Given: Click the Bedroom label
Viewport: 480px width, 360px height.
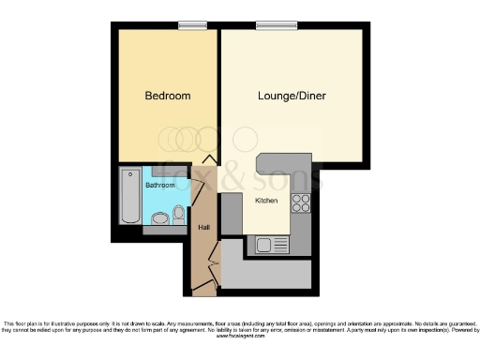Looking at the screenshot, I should pos(168,96).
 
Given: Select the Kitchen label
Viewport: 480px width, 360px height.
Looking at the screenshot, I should pos(266,200).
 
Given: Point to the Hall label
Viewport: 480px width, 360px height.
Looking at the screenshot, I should pos(202,227).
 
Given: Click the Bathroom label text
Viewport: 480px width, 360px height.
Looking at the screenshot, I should pos(159,186).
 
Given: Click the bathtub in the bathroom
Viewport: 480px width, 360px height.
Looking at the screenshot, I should pos(128,196).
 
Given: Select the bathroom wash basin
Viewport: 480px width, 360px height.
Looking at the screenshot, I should pos(159,218).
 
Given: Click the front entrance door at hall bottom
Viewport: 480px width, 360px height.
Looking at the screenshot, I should pos(203,286).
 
